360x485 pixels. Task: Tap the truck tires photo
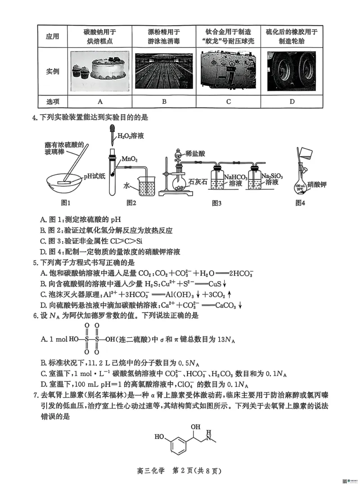292,71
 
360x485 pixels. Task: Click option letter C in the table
228,101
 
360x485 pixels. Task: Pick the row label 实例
52,71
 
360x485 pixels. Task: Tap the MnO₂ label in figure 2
130,159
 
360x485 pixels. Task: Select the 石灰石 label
198,182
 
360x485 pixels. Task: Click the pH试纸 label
94,177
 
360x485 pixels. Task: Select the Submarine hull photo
228,71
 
